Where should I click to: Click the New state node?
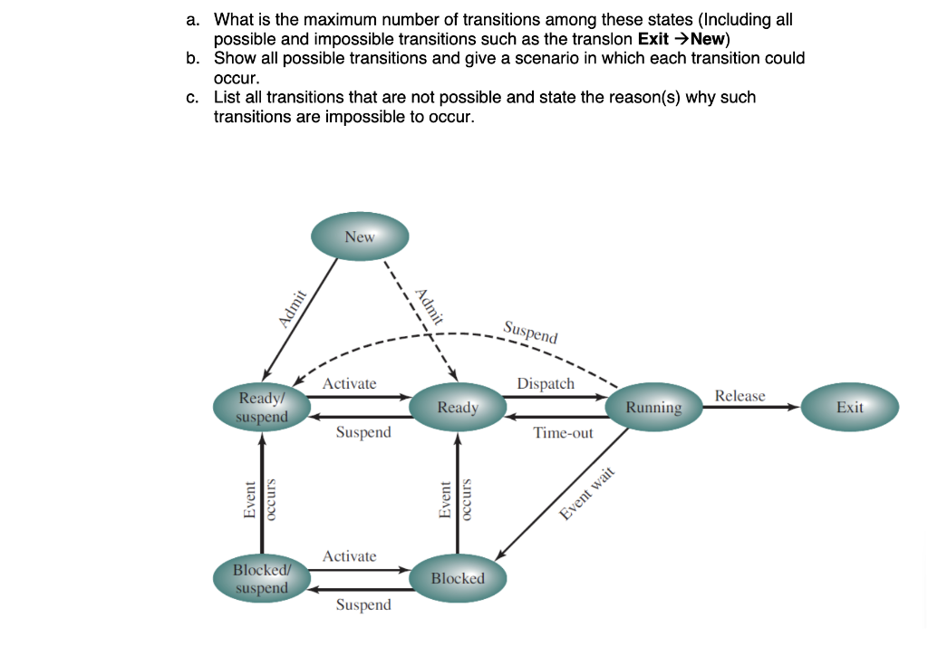(x=360, y=236)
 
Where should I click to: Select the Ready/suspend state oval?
(x=262, y=407)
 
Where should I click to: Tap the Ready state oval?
(x=458, y=407)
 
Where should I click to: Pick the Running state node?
(x=654, y=407)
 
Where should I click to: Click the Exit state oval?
(x=850, y=407)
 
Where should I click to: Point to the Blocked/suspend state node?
(x=262, y=578)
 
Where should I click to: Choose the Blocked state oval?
(x=458, y=578)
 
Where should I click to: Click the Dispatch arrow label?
(x=546, y=383)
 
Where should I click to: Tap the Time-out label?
(x=563, y=433)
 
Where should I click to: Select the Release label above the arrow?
(x=739, y=395)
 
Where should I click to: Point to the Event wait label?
(x=587, y=493)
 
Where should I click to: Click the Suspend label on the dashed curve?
(x=530, y=333)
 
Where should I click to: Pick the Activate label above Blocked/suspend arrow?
(x=349, y=555)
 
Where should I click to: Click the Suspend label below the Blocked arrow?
(x=363, y=605)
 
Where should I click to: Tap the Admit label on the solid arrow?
(x=293, y=308)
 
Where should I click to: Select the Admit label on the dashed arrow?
(x=430, y=306)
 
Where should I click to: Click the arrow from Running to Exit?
(x=751, y=407)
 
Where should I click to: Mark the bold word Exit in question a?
(x=652, y=39)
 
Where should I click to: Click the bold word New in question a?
(x=708, y=39)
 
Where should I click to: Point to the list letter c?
(x=192, y=97)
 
